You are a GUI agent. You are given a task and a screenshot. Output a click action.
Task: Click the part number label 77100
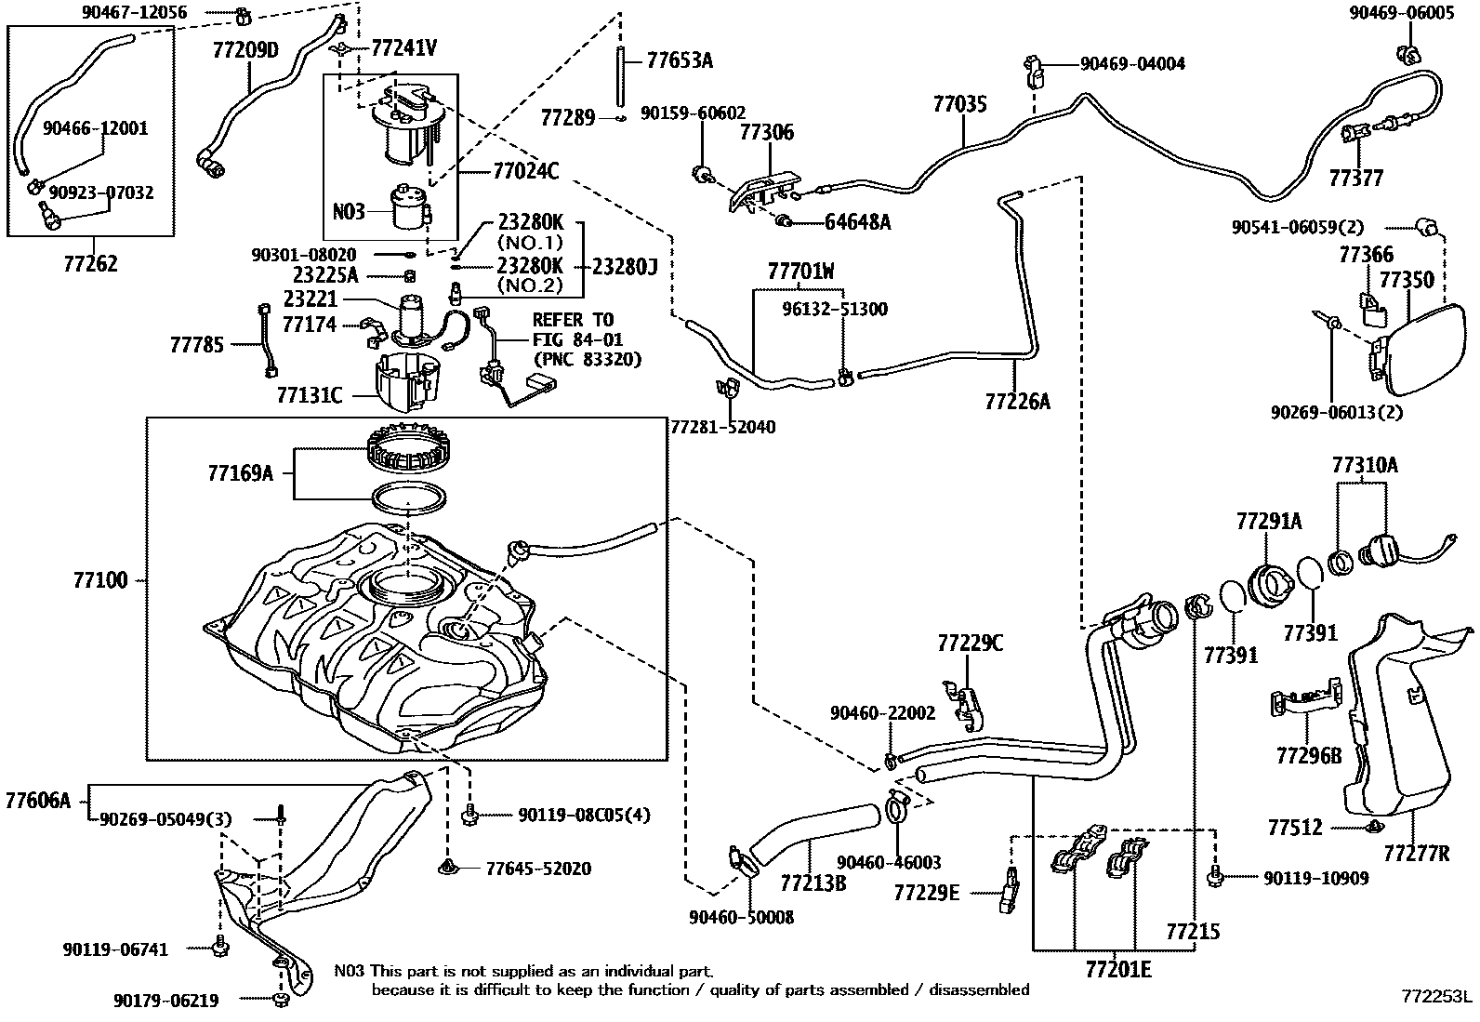(x=99, y=580)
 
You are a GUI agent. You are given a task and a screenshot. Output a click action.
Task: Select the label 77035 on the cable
(x=959, y=104)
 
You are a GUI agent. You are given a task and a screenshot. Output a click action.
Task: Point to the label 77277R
(x=1415, y=852)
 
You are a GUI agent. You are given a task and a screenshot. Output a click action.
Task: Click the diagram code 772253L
(x=1437, y=997)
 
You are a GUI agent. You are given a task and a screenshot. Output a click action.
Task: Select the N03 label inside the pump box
(x=349, y=211)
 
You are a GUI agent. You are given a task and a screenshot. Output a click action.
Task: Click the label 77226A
(x=1017, y=401)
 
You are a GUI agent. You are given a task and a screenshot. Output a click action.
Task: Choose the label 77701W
(x=800, y=272)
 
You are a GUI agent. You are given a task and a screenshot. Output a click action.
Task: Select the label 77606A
(x=37, y=799)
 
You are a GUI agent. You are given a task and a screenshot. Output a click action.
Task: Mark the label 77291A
(x=1268, y=522)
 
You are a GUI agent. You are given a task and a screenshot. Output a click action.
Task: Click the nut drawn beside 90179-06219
(x=281, y=1000)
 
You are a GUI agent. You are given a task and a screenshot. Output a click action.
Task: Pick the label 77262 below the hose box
(x=90, y=263)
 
